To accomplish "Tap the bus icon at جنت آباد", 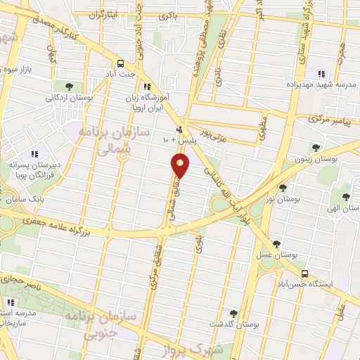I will coord(120,63).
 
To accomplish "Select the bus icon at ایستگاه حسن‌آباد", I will coord(304,273).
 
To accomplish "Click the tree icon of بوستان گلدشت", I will coord(233,313).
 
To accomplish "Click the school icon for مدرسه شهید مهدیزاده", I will coord(321,74).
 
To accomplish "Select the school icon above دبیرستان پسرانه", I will coord(33,155).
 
